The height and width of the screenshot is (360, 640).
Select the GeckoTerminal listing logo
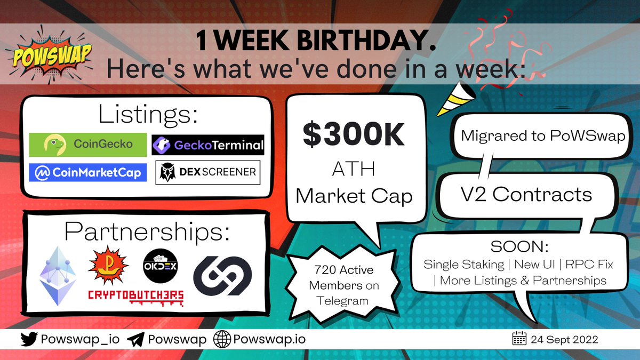tap(208, 145)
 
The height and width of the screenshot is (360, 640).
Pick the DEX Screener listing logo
tap(208, 172)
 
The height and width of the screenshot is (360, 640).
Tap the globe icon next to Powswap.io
tap(222, 339)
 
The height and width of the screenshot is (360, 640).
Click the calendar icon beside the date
tap(519, 339)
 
